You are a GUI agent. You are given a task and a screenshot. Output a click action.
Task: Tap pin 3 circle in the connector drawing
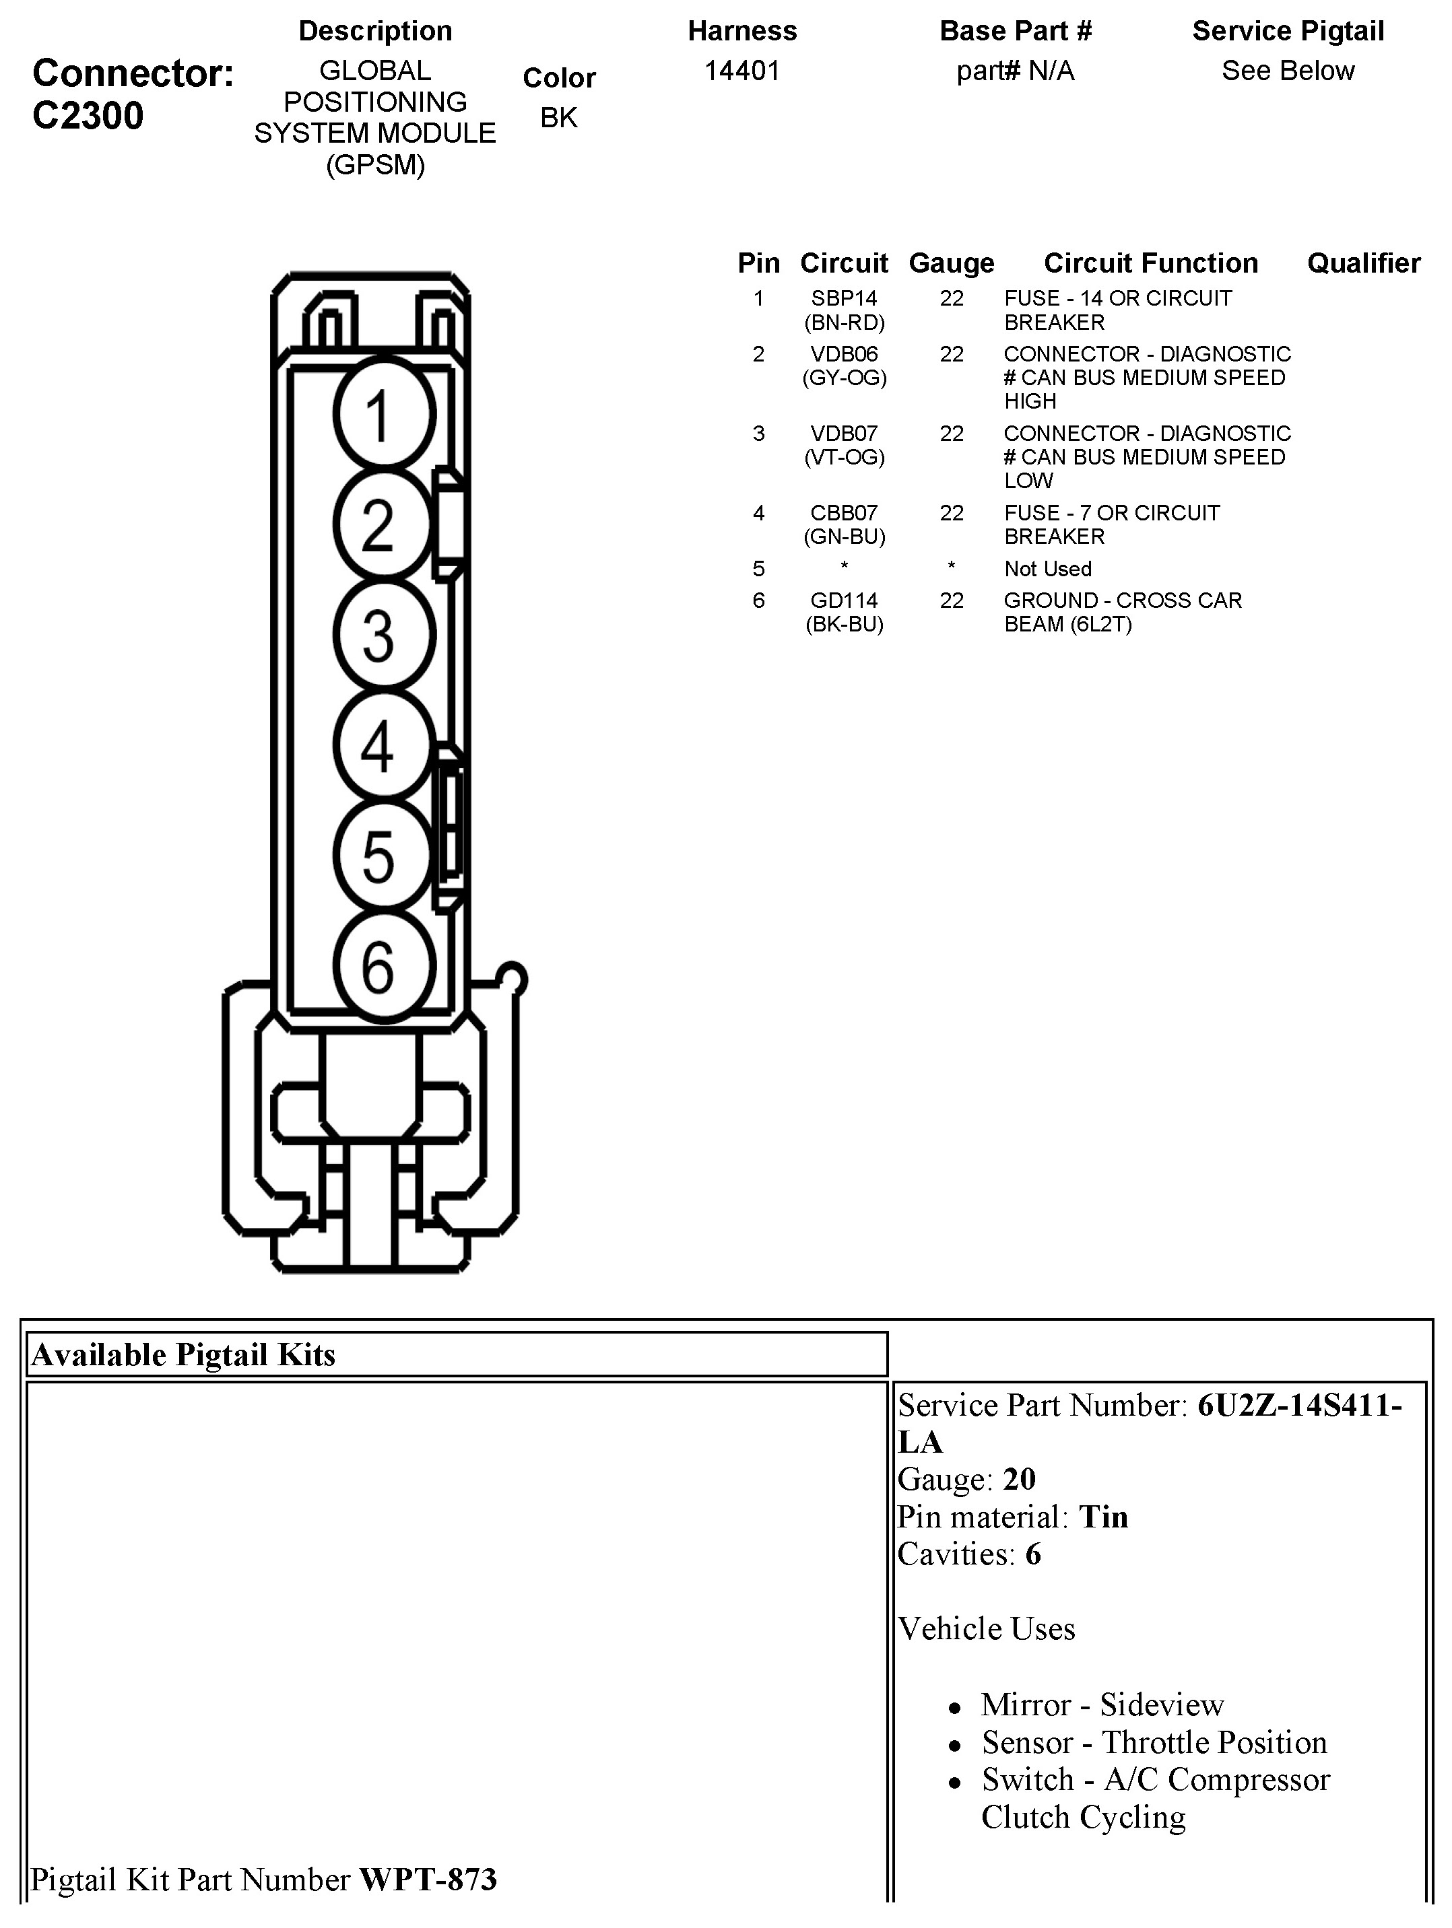(x=384, y=635)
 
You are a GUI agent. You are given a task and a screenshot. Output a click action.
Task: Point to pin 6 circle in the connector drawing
(x=384, y=966)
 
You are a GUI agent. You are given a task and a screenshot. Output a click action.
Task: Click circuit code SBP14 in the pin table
(x=843, y=299)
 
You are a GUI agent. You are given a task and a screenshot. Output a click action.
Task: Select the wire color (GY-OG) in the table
(x=843, y=378)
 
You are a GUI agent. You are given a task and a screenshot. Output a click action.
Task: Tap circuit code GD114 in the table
(x=843, y=600)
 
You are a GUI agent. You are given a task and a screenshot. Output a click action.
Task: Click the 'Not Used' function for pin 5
(x=1047, y=569)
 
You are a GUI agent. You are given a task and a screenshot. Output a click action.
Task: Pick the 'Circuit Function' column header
(x=1150, y=263)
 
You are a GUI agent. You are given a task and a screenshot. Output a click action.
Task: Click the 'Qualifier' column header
(x=1363, y=263)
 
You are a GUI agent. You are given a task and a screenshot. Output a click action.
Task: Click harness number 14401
(x=741, y=71)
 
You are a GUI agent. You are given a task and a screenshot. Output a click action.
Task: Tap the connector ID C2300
(x=88, y=116)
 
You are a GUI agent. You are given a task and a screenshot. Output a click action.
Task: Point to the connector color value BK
(x=558, y=118)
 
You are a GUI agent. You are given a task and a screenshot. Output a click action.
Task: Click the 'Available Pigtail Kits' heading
(x=183, y=1355)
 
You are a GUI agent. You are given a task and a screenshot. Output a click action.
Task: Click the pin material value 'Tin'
(x=1103, y=1517)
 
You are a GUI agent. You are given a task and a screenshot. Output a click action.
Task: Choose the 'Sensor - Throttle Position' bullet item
(x=1154, y=1742)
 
